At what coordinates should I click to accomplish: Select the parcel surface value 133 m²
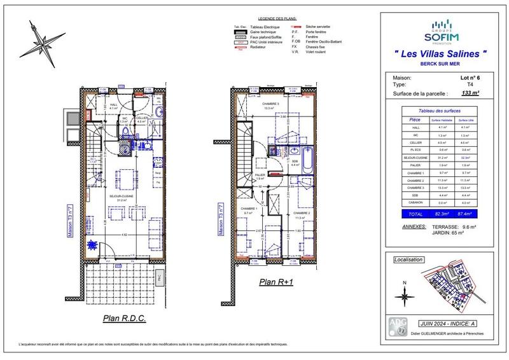click(x=470, y=93)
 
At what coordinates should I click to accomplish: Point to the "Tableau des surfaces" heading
click(x=440, y=111)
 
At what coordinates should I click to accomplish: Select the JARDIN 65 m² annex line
click(x=447, y=234)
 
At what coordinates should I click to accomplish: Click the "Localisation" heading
click(x=408, y=260)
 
